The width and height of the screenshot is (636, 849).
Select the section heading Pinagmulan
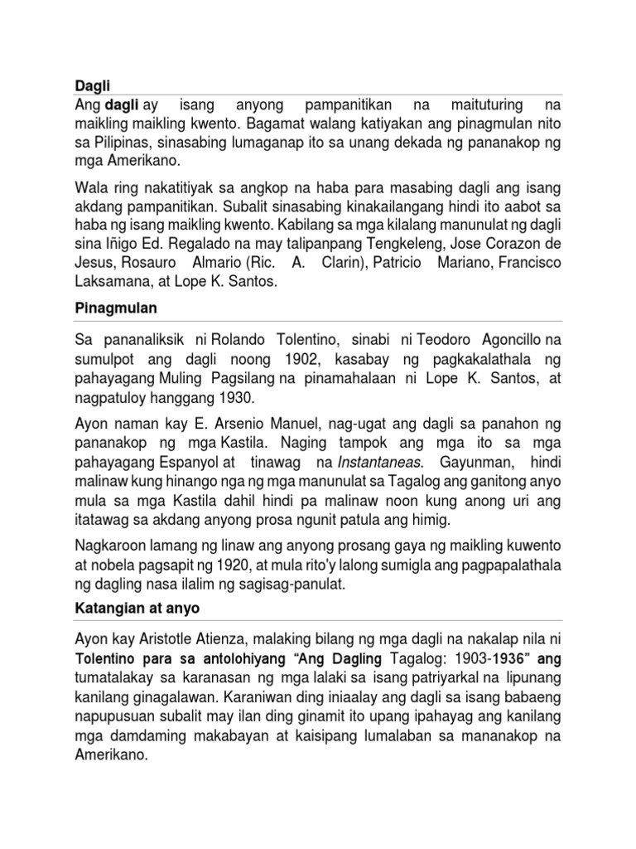[107, 309]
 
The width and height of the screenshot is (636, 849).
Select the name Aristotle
[174, 639]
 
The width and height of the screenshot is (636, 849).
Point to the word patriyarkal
[441, 677]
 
